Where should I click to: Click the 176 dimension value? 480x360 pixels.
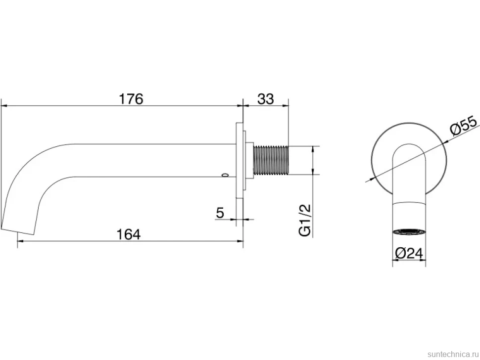coord(131,99)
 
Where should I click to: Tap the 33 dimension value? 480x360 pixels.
coord(265,99)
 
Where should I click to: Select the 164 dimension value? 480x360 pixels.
coord(129,234)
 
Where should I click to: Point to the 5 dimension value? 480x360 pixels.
coord(220,213)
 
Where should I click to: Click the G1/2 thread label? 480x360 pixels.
coord(305,220)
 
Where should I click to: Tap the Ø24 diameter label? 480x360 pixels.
coord(409,253)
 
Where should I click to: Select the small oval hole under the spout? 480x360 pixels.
coord(226,175)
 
